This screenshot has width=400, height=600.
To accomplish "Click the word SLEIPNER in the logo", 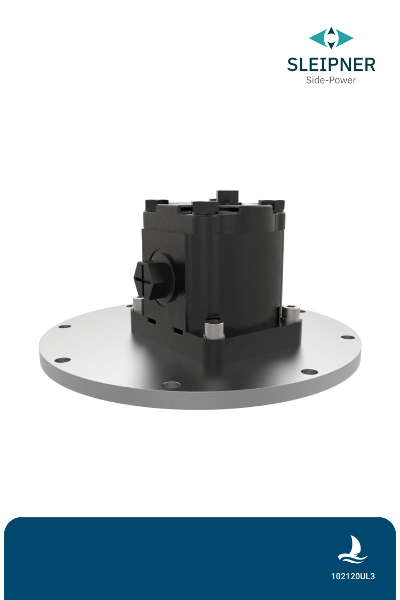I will [x=331, y=65].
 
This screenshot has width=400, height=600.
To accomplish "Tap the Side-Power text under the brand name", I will [x=331, y=81].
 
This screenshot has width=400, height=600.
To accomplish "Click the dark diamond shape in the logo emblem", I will [x=331, y=38].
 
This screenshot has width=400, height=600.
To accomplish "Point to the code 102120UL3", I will [x=353, y=577].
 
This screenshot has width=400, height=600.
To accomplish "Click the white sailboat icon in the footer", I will [x=353, y=549].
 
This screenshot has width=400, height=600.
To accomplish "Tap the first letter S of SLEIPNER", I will [x=293, y=65].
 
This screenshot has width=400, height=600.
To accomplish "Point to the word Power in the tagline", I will [x=342, y=81].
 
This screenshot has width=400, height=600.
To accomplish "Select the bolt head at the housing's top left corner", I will [x=154, y=203].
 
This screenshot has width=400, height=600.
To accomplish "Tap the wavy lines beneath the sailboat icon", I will [x=353, y=558].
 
